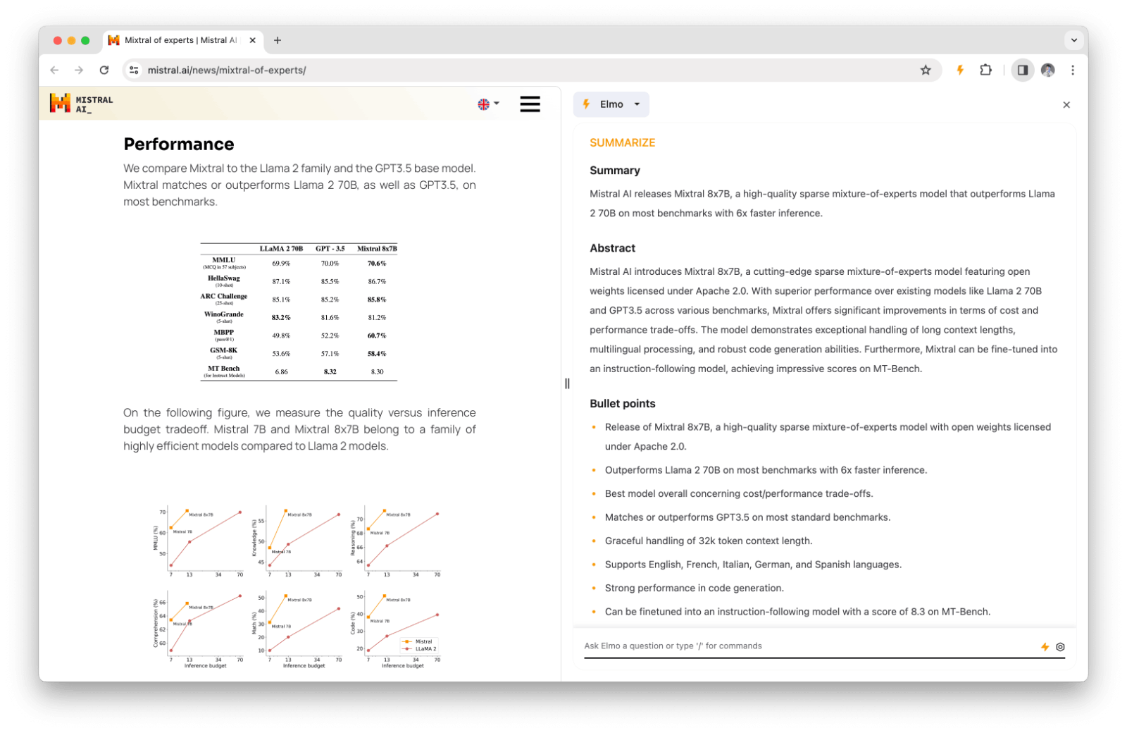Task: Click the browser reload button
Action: pos(104,70)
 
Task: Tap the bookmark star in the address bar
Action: pos(926,70)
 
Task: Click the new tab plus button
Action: pos(278,40)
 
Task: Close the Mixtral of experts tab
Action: pos(253,40)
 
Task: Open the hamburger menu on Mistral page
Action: pos(530,104)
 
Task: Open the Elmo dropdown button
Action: pos(611,104)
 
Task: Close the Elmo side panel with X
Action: pos(1066,105)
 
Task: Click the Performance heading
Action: pos(179,144)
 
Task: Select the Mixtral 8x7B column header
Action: pos(377,249)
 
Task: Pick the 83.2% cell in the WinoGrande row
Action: pos(281,318)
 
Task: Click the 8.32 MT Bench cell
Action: pos(330,371)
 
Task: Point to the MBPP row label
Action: pos(224,333)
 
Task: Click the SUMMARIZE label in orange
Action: pos(622,142)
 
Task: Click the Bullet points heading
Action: pos(622,404)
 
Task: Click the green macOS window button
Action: pos(85,40)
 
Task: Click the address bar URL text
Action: pos(227,70)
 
